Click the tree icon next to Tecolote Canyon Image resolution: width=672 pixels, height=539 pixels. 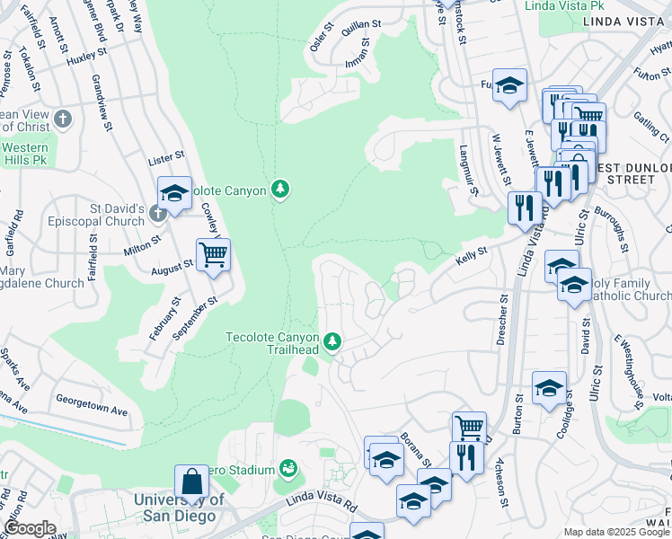coord(281,189)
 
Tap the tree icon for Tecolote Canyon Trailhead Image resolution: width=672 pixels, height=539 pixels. coord(332,340)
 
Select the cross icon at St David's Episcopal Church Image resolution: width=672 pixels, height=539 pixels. coord(158,213)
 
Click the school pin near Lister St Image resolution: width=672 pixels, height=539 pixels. coord(174,192)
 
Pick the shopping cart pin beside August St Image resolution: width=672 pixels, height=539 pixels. coord(213,254)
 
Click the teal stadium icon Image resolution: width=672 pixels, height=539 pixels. coord(287,468)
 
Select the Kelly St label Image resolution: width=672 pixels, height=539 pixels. coord(471,255)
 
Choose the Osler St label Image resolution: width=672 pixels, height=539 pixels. coord(317,37)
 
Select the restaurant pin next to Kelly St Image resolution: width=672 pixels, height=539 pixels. coord(523,207)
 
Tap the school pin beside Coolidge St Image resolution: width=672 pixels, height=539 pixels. coord(548,388)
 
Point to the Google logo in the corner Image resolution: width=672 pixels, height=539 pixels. coord(30,528)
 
